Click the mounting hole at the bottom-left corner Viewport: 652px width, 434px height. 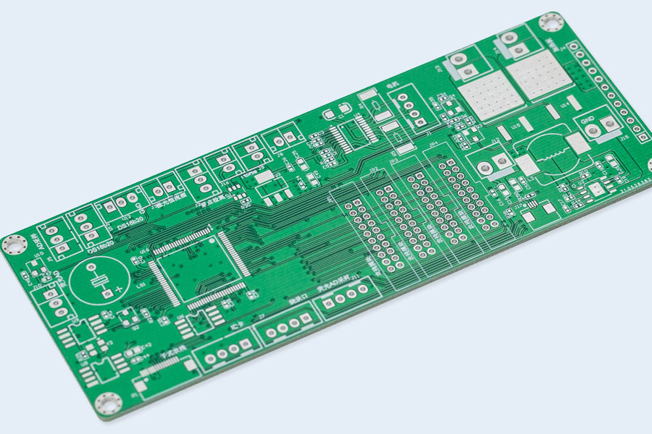point(108,403)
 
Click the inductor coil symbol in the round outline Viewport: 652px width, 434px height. point(554,153)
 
